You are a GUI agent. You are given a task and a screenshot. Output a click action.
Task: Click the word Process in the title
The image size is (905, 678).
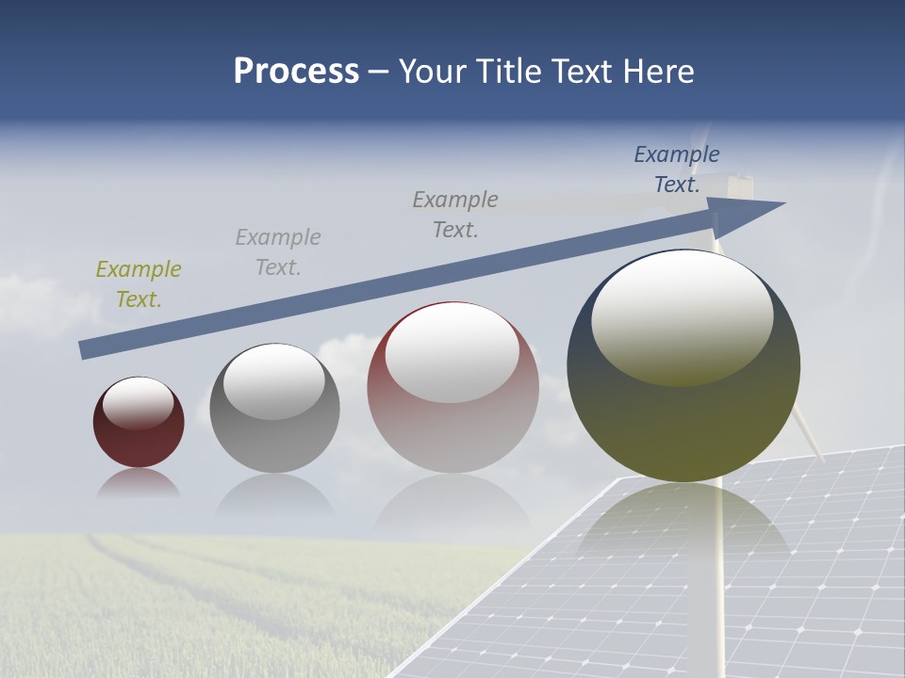296,72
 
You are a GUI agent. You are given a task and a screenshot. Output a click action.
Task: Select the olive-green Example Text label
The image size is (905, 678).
139,283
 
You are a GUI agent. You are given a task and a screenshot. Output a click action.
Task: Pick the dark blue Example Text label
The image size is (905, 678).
677,169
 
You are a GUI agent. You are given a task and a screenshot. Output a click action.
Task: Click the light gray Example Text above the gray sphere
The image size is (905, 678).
278,251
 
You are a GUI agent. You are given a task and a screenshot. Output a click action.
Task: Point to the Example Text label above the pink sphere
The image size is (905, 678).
455,214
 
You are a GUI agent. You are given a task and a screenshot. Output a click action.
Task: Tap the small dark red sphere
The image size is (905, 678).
139,438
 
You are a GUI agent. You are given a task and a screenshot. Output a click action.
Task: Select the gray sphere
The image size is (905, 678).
274,433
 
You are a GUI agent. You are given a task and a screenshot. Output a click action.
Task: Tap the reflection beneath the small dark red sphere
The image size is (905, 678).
139,484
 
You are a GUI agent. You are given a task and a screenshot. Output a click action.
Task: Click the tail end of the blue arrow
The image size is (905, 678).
85,350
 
